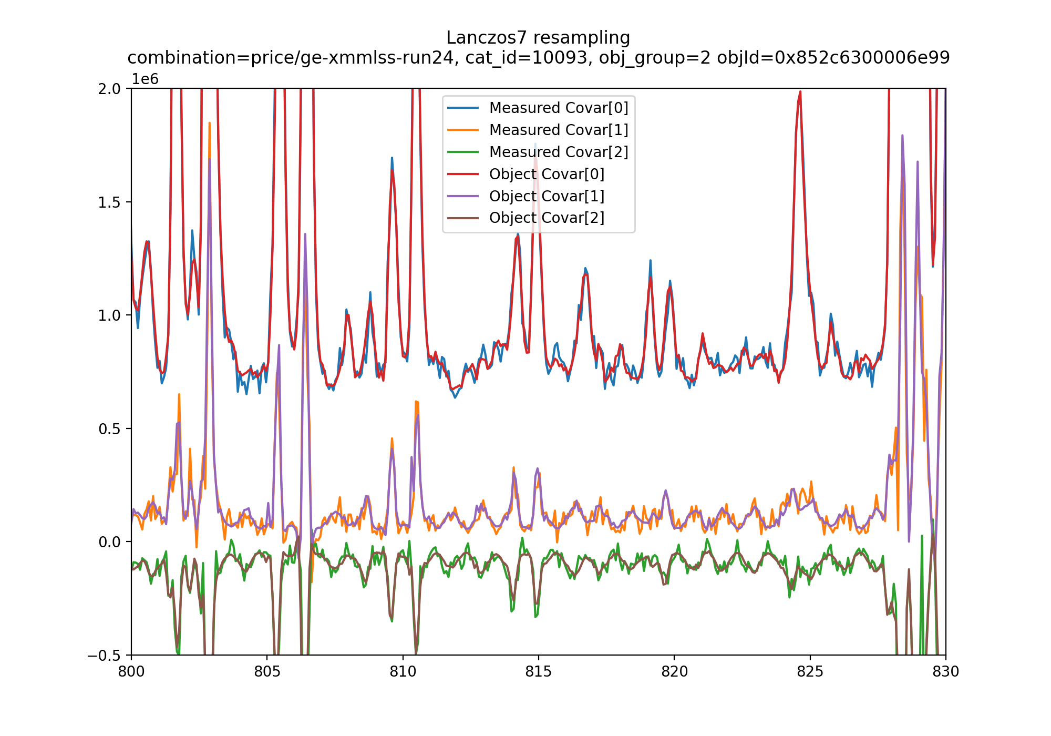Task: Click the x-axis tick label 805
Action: coord(267,672)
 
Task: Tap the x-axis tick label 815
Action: coord(539,672)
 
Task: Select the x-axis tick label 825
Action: coord(810,672)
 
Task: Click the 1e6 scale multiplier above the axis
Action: coord(145,79)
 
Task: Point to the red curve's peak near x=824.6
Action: coord(800,92)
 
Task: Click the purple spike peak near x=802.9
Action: coord(210,159)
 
